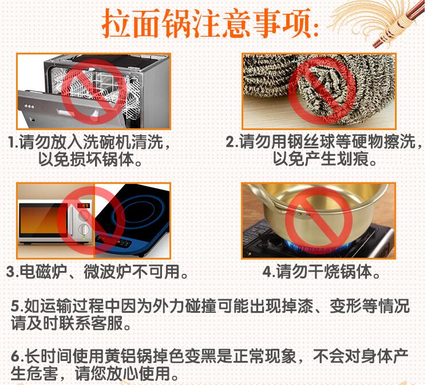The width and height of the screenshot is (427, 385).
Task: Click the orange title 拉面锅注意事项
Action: pos(210,23)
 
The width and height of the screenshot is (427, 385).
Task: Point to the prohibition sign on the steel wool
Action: pos(321,91)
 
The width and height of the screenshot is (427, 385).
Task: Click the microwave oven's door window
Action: pos(44,220)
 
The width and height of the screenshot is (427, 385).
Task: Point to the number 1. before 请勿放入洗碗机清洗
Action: pos(13,142)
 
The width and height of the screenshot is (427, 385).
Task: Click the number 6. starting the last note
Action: pos(17,357)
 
